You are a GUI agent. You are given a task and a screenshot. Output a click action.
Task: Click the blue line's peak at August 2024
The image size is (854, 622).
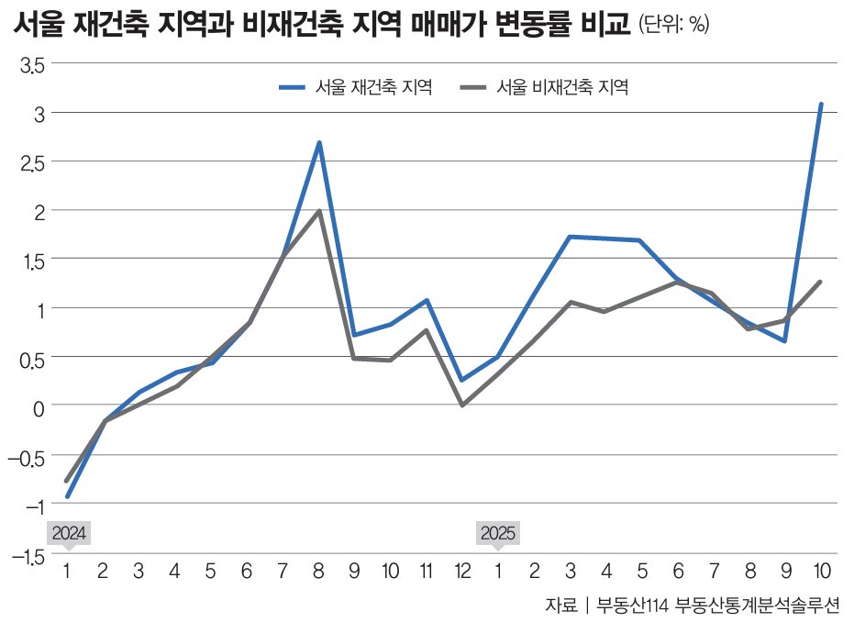point(318,143)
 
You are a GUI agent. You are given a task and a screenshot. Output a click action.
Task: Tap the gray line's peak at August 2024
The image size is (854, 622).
point(318,212)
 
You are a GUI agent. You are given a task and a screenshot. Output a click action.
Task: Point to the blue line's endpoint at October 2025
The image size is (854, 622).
point(821,105)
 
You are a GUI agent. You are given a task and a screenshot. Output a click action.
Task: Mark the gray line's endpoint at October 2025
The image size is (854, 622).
point(820,282)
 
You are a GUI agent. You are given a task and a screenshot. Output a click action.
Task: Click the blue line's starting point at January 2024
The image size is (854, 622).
point(67,496)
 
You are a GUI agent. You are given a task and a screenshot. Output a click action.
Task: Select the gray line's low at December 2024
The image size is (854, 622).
point(462,405)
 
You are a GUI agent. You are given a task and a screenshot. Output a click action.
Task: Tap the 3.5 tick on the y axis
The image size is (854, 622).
point(33,64)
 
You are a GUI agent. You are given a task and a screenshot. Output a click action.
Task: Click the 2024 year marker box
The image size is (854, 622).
point(69,533)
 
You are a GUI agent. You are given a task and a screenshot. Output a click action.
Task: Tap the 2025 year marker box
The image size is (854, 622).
point(498,533)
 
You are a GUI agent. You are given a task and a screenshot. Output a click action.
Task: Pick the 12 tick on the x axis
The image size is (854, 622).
point(462,572)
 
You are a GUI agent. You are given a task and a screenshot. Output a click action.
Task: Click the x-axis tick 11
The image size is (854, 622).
point(427,572)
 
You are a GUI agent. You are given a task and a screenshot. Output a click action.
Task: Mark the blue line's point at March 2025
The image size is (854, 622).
point(570,237)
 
